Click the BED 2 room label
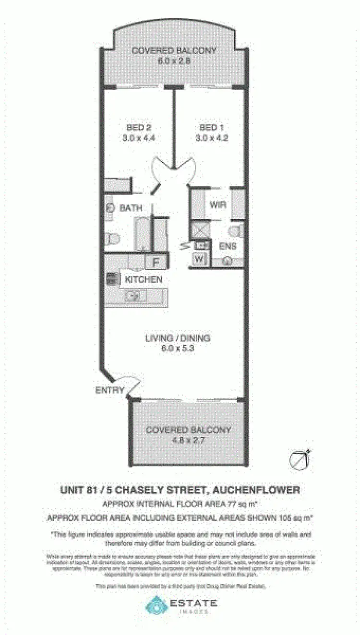click(x=139, y=128)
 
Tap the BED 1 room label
click(x=212, y=128)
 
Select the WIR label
click(x=217, y=204)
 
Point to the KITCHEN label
click(x=144, y=279)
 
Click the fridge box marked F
click(x=156, y=263)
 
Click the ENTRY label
click(x=110, y=390)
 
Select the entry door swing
click(x=130, y=384)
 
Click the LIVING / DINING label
click(x=178, y=338)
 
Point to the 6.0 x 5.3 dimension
click(x=178, y=348)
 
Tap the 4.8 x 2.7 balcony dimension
click(x=188, y=440)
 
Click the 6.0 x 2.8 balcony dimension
click(x=174, y=60)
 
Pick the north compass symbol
click(x=299, y=459)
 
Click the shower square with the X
click(x=199, y=230)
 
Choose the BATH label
click(x=131, y=208)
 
